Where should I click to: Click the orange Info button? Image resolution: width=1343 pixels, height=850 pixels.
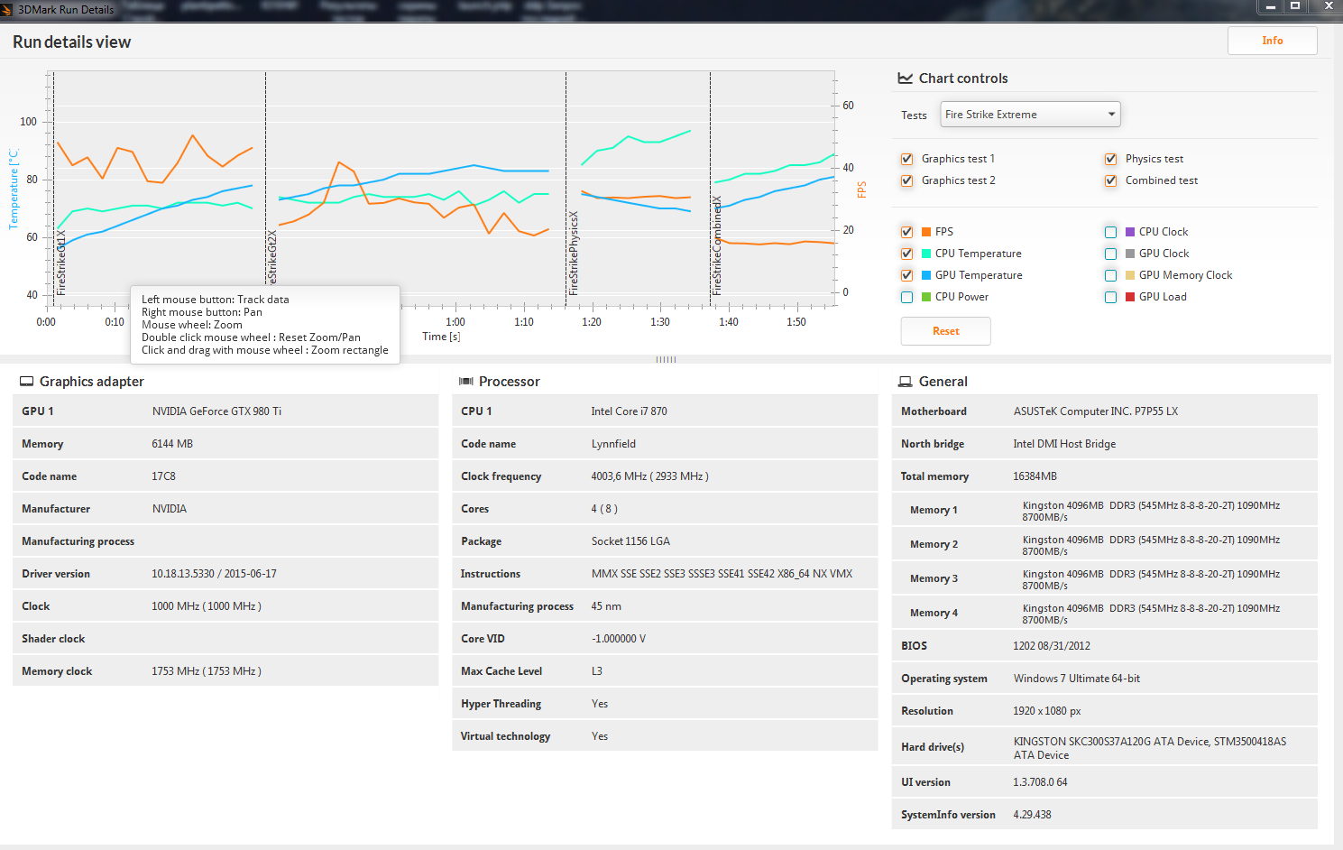tap(1272, 41)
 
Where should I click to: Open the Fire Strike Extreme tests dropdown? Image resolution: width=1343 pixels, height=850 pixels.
tap(1030, 115)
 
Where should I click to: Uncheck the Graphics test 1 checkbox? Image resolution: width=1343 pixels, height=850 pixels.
tap(907, 159)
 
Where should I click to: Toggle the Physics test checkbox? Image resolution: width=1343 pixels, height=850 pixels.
tap(1111, 159)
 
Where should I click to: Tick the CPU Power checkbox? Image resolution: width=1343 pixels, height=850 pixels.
tap(907, 297)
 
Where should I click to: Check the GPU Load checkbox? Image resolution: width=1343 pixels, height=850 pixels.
tap(1111, 297)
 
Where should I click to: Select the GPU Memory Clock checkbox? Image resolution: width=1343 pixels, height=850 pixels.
tap(1111, 275)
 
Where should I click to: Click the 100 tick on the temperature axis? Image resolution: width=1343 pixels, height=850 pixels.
tap(29, 122)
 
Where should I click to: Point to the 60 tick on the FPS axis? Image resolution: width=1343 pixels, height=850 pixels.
tap(848, 106)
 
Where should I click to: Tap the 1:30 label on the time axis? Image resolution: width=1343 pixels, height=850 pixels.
tap(660, 322)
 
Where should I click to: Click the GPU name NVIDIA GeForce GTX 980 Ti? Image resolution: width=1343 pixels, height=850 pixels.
tap(216, 411)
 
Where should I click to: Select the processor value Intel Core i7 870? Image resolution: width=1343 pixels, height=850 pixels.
tap(629, 411)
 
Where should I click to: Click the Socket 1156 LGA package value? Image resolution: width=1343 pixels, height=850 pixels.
tap(630, 541)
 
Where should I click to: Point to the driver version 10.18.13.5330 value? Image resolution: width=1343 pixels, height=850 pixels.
tap(214, 574)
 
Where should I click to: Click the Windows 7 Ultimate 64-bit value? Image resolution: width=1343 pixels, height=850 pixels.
tap(1076, 679)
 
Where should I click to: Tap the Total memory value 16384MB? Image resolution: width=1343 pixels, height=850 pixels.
tap(1035, 476)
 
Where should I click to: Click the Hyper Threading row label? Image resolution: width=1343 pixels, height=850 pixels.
tap(501, 704)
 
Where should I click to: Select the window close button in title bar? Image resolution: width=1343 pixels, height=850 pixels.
tap(1328, 6)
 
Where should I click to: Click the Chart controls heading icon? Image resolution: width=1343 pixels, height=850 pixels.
tap(906, 79)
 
